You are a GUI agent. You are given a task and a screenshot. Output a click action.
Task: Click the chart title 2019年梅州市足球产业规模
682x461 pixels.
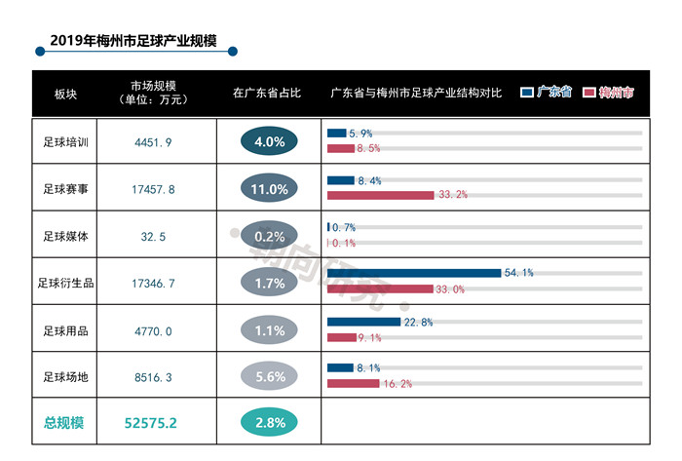pos(132,42)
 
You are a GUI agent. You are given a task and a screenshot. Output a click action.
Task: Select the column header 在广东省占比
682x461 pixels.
pos(268,94)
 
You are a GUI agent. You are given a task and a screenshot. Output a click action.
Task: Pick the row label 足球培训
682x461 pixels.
pos(66,142)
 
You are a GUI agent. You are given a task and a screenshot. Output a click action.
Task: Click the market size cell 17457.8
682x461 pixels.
pos(154,189)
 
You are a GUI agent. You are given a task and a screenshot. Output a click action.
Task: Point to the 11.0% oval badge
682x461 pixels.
pos(269,189)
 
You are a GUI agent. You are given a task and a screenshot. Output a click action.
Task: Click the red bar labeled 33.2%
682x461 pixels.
pos(380,195)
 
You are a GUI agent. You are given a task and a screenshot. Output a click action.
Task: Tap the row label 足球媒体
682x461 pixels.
pos(66,236)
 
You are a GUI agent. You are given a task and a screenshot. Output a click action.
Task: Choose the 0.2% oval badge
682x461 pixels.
pos(269,236)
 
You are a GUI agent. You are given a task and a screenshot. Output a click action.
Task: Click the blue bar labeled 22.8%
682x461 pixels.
pos(363,322)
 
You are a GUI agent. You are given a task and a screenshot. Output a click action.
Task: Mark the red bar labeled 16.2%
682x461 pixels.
pos(353,384)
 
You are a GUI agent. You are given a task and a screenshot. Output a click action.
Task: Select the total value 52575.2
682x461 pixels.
pos(151,422)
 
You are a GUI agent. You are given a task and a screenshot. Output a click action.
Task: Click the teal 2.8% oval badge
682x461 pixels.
pos(269,422)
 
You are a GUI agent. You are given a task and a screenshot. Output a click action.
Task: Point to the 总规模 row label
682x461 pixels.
pos(64,422)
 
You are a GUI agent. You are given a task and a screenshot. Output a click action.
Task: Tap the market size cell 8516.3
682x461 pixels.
pos(154,375)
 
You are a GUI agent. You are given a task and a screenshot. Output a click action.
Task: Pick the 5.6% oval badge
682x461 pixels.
pos(269,375)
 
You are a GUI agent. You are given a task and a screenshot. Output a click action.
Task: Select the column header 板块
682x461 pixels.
pos(66,94)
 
